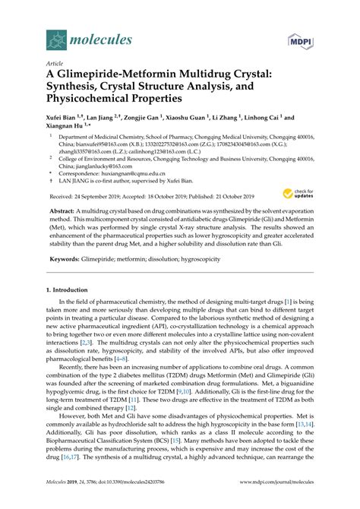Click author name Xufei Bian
tap(62, 119)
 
